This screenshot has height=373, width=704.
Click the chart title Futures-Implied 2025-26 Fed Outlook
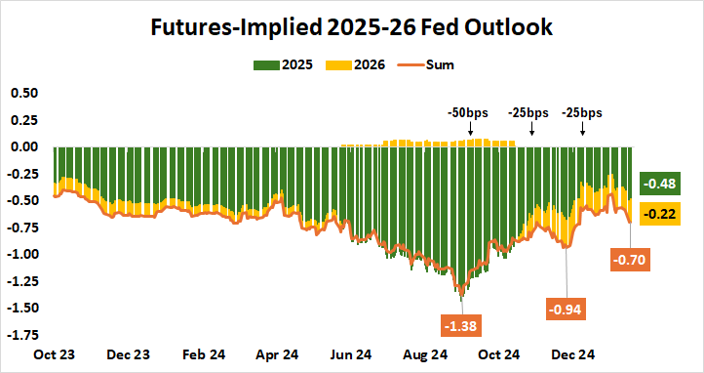coord(351,28)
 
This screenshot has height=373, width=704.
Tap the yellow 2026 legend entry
coord(358,65)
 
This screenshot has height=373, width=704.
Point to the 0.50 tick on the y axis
coord(23,93)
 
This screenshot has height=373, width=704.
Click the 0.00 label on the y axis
coord(23,146)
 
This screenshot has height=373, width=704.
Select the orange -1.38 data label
coord(460,323)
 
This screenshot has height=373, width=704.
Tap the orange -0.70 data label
coord(630,260)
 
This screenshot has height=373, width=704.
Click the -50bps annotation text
coord(469,112)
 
